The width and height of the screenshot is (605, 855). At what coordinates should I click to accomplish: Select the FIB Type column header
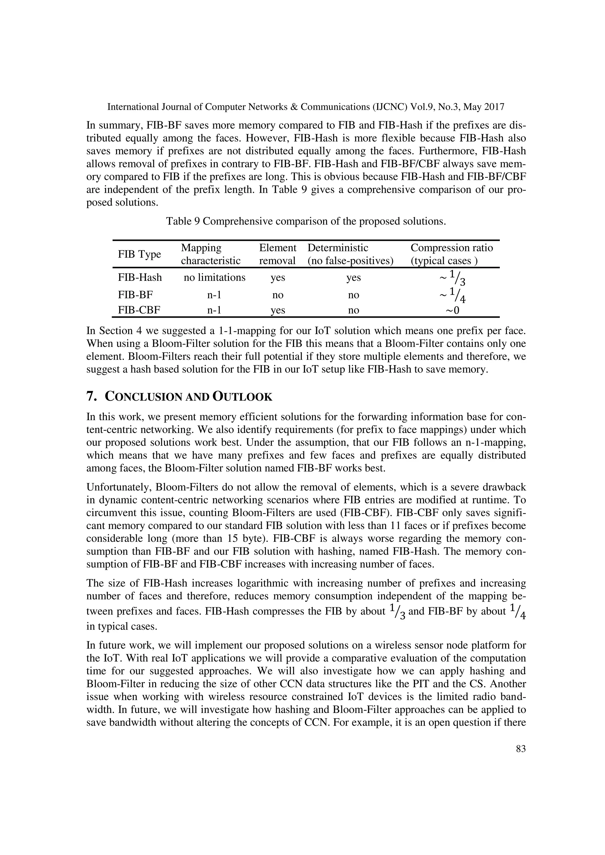point(139,254)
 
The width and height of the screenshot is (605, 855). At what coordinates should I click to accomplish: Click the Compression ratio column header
point(451,254)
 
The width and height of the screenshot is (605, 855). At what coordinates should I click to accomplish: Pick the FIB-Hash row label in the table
point(140,278)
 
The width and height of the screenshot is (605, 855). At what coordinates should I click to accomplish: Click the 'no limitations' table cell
point(214,278)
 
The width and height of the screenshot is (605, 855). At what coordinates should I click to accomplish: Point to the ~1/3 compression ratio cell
point(452,278)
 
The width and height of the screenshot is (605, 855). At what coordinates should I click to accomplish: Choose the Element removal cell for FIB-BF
point(278,295)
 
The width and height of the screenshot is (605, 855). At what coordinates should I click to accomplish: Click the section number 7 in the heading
point(90,397)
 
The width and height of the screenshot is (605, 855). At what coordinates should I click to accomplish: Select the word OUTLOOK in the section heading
point(242,397)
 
